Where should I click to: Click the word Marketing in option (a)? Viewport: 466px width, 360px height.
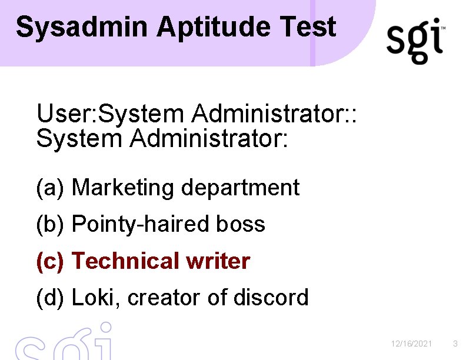(x=124, y=188)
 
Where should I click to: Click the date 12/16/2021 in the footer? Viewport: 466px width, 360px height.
(x=412, y=344)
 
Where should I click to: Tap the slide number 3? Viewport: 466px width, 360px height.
(x=455, y=344)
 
